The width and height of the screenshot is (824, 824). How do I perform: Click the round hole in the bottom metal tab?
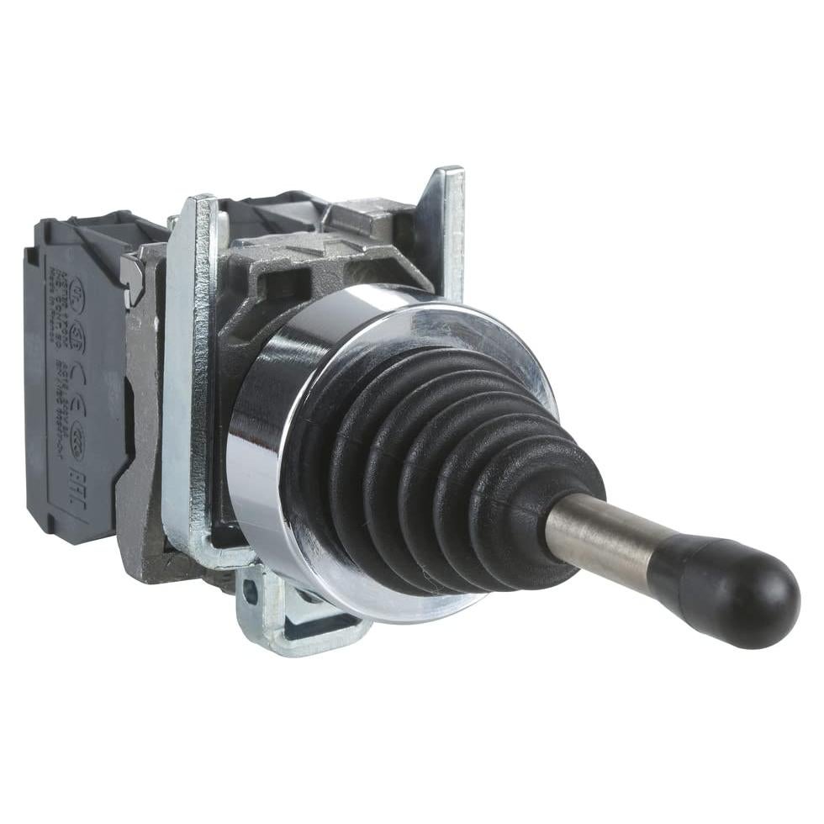(250, 591)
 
